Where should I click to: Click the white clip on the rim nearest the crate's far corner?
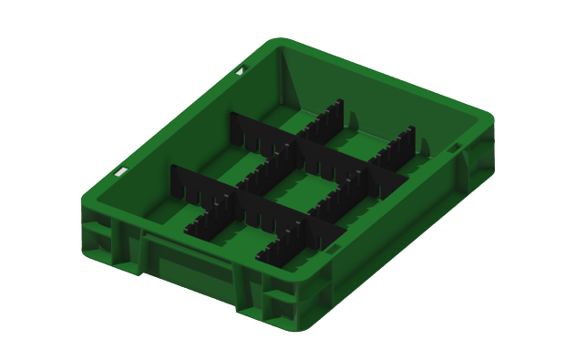coord(240,70)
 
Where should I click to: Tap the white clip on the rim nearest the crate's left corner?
coord(118,170)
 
